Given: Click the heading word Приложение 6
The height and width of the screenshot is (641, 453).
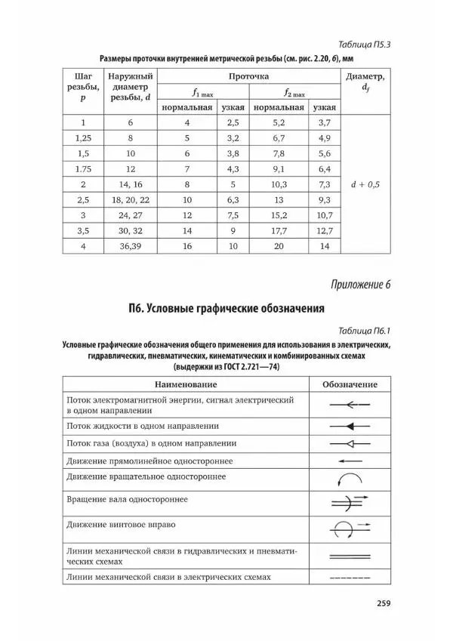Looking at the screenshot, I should point(360,285).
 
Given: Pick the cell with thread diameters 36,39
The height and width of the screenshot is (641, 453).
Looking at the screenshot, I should point(129,247).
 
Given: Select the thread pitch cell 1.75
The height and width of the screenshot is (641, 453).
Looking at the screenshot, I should point(83,168).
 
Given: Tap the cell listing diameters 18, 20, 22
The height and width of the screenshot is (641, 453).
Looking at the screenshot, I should point(129,200).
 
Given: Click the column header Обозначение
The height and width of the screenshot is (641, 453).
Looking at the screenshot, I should point(350,384).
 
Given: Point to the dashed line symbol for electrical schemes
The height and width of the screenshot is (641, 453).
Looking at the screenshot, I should point(350,578).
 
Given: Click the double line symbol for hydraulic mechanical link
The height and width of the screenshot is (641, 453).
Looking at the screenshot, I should point(350,556).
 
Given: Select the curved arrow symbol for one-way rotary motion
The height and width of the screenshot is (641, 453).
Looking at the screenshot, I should point(350,479).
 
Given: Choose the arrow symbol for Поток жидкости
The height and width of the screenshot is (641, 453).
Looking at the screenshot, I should point(350,426).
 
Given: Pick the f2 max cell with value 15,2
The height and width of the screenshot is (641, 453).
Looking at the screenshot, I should point(278,215).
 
